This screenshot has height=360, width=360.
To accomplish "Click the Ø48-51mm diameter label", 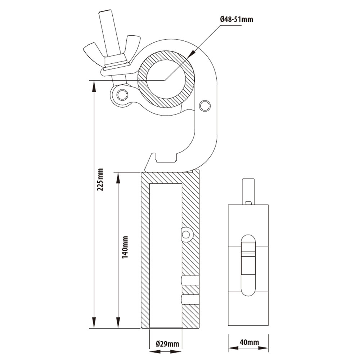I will tap(236, 19).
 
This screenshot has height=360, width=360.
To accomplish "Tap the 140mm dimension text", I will tap(125, 248).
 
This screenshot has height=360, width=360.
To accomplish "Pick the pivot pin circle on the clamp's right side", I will tap(205, 105).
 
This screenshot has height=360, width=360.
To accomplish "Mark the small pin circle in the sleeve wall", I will tap(186, 235).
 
